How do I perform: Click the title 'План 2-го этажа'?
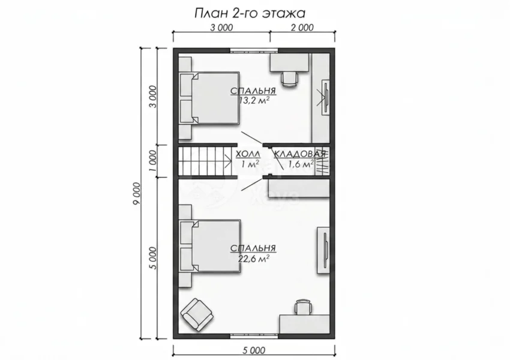click(x=250, y=13)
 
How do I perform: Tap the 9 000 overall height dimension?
click(x=137, y=193)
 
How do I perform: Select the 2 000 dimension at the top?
click(x=302, y=28)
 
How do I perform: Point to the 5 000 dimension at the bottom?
click(x=254, y=350)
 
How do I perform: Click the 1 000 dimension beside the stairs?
click(x=154, y=161)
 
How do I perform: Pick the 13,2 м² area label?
click(x=254, y=100)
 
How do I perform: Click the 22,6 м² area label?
click(x=253, y=258)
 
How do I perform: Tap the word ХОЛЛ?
click(x=248, y=154)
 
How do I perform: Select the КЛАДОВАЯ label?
click(x=299, y=154)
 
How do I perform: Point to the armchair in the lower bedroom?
click(x=197, y=314)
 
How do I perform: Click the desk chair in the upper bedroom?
click(x=289, y=79)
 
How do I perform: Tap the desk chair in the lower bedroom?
click(x=303, y=307)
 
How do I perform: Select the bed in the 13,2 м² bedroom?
click(x=210, y=98)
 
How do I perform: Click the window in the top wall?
click(x=254, y=50)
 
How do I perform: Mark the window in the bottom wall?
click(x=254, y=336)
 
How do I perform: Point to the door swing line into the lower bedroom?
click(x=252, y=184)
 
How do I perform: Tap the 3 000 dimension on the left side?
click(x=154, y=97)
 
